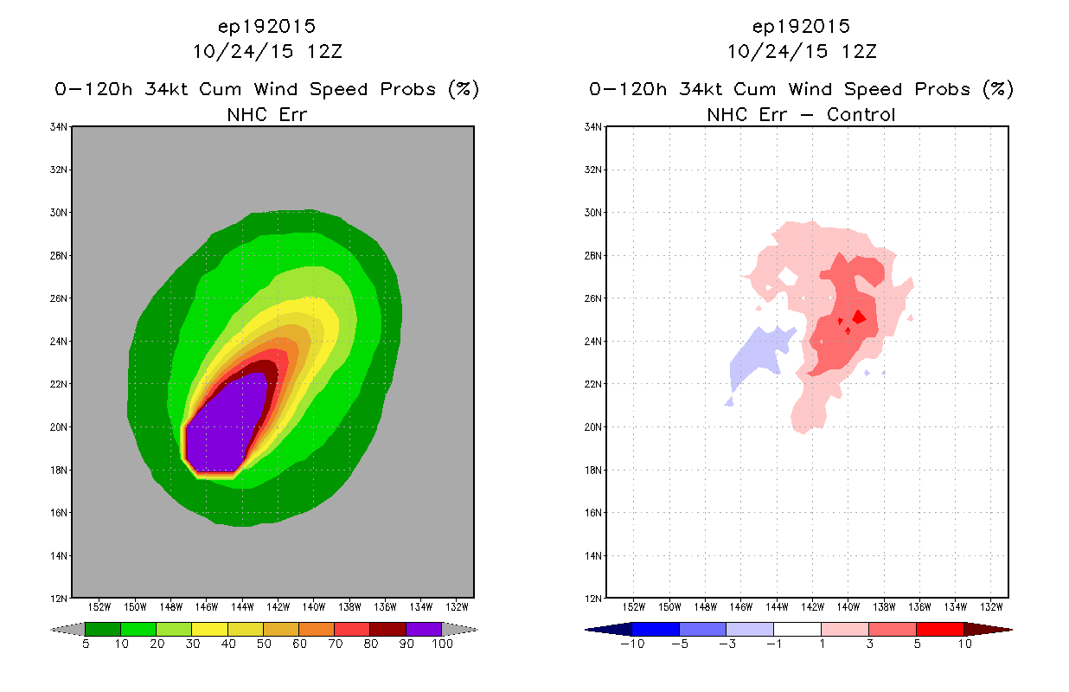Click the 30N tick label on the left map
point(59,213)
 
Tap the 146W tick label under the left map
point(207,607)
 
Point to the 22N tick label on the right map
point(593,384)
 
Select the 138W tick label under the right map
point(884,607)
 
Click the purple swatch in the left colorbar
point(424,629)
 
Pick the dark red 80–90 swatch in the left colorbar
point(388,629)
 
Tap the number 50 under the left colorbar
point(264,644)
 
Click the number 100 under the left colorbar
point(443,644)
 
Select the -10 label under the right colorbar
point(632,644)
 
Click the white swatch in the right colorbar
point(797,629)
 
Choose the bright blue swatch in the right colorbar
point(656,629)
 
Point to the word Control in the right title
point(861,115)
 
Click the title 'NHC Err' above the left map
point(266,115)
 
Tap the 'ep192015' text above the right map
point(801,26)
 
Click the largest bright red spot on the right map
point(859,317)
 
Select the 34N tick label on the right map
point(593,127)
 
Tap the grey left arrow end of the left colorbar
point(67,630)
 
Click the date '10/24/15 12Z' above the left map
point(267,52)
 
